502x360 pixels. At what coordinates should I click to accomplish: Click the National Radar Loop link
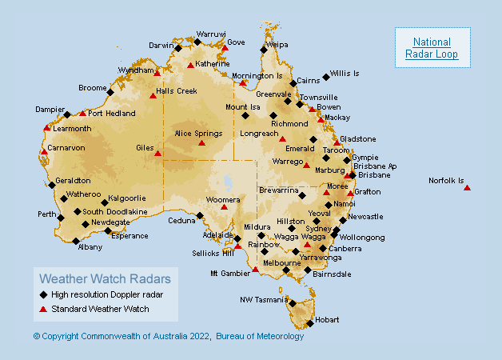click(x=432, y=48)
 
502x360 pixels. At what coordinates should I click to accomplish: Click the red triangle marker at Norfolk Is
click(x=467, y=188)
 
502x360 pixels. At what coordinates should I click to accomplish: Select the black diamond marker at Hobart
click(x=310, y=323)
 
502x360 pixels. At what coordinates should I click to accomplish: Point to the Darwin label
click(x=161, y=46)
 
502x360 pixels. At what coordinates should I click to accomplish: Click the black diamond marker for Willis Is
click(x=326, y=77)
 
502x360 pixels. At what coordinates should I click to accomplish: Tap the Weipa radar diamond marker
click(x=263, y=50)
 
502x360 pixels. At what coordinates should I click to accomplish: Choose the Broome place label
click(x=92, y=88)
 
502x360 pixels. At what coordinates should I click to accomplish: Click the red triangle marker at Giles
click(x=157, y=153)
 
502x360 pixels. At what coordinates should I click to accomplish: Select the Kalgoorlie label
click(x=127, y=198)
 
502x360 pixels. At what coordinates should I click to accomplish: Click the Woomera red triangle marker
click(x=224, y=207)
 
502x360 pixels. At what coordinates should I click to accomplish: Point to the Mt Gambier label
click(x=229, y=273)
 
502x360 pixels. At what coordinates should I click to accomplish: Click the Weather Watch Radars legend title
click(x=105, y=279)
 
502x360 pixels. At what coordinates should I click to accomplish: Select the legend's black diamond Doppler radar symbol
click(x=43, y=294)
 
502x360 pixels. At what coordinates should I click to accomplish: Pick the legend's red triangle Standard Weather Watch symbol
click(x=43, y=308)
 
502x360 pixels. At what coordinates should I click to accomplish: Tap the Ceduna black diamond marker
click(x=200, y=214)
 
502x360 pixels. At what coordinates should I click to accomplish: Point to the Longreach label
click(x=259, y=133)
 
